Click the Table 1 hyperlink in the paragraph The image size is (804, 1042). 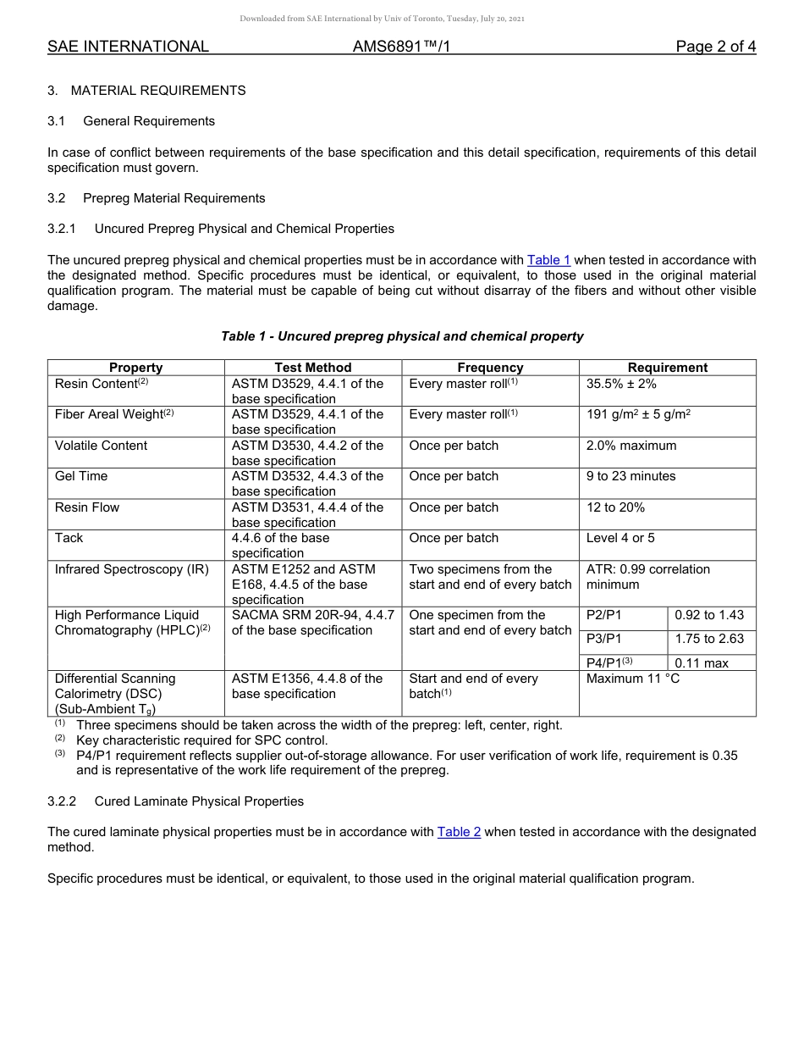tap(548, 260)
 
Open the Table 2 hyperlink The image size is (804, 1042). tap(459, 832)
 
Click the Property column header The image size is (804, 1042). tap(135, 368)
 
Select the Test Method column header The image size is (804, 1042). tap(312, 368)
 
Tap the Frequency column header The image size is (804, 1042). tap(490, 368)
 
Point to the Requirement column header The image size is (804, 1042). tap(667, 368)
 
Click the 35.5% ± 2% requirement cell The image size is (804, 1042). tap(621, 384)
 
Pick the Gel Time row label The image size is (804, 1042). tap(81, 476)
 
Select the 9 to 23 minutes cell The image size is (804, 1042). tap(631, 476)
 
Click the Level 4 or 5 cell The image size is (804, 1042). tap(620, 538)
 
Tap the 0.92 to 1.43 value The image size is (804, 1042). tap(709, 615)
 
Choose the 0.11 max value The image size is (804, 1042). tap(702, 663)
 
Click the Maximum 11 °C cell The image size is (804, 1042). tap(633, 679)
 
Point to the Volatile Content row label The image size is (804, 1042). tap(101, 446)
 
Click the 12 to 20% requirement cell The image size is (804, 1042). tap(615, 507)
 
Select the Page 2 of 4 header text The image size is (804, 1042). tap(715, 47)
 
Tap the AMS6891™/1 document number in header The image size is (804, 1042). tap(401, 47)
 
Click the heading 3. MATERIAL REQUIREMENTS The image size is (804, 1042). tap(146, 91)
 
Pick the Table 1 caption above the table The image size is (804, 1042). tap(402, 336)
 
